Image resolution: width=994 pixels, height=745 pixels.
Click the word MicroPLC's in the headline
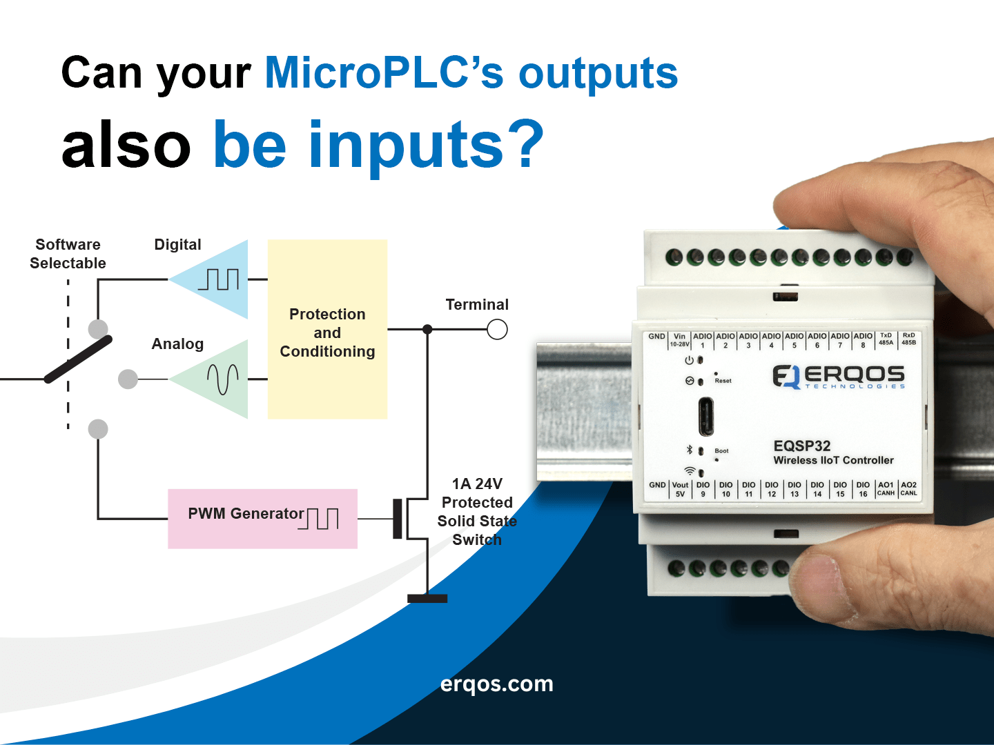pyautogui.click(x=384, y=72)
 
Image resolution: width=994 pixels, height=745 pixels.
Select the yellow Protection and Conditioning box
pyautogui.click(x=327, y=329)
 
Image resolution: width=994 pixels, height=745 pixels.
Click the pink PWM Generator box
pyautogui.click(x=263, y=519)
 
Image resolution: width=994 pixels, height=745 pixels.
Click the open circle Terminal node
pyautogui.click(x=497, y=329)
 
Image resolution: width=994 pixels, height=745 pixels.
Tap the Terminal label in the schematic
pyautogui.click(x=477, y=304)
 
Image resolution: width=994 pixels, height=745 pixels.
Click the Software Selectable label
pyautogui.click(x=68, y=254)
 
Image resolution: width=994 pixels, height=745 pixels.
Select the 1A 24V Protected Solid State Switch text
pyautogui.click(x=477, y=512)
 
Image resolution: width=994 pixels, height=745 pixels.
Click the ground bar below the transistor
pyautogui.click(x=427, y=599)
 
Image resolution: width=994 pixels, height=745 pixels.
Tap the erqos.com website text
pyautogui.click(x=497, y=684)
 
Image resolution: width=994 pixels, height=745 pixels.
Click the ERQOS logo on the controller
pyautogui.click(x=839, y=377)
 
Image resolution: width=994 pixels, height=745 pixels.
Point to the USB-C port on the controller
pyautogui.click(x=706, y=417)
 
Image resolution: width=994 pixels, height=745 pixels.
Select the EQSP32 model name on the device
pyautogui.click(x=802, y=446)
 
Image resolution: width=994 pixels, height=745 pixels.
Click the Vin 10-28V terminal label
pyautogui.click(x=679, y=339)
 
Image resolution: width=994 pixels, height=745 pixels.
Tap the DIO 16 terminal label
pyautogui.click(x=863, y=490)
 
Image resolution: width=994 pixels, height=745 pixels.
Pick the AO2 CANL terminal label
pyautogui.click(x=908, y=489)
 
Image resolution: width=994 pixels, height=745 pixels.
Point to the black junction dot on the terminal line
pyautogui.click(x=427, y=329)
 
